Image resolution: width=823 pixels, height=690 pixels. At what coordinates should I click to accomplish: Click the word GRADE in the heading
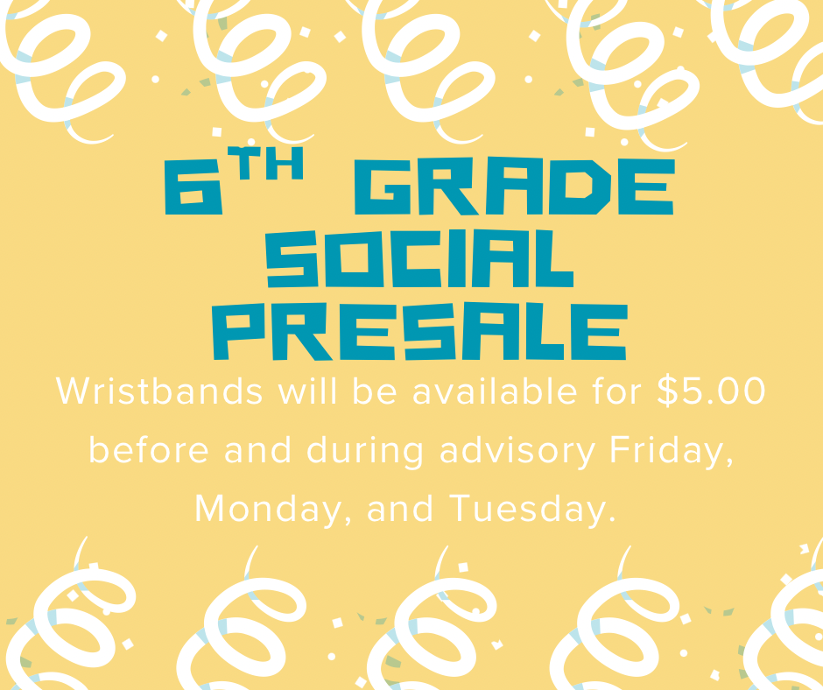[514, 190]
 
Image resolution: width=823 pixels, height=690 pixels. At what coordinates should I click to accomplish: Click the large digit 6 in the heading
[191, 190]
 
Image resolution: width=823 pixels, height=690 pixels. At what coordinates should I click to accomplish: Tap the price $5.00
[712, 391]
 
